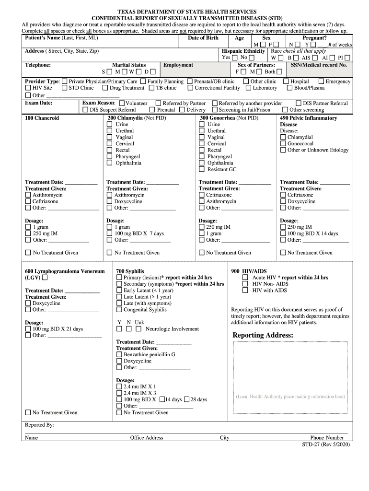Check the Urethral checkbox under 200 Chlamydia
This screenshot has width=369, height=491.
coord(109,131)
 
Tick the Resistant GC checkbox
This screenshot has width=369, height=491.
coord(202,169)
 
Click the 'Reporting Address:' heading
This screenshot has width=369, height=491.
coord(263,335)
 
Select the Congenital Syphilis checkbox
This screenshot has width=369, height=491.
coord(119,310)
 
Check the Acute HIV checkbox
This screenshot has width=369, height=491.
coord(245,278)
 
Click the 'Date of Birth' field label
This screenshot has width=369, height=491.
coord(203,38)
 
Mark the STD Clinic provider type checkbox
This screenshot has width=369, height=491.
coord(64,88)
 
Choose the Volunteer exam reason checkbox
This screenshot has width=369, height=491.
coord(122,103)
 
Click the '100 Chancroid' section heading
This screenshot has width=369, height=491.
coord(42,118)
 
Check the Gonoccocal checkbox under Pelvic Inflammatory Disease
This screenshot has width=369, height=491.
coord(283,144)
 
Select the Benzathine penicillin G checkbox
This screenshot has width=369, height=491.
coord(119,355)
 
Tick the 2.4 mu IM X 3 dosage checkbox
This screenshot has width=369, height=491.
coord(119,393)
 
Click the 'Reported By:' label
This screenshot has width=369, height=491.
coord(39,425)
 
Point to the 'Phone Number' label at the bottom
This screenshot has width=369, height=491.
coord(327,438)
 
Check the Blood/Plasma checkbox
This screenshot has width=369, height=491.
coord(289,88)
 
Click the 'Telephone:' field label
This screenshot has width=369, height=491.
coord(38,65)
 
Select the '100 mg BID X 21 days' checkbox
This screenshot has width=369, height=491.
coord(28,329)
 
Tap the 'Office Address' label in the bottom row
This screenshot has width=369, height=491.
coord(147,438)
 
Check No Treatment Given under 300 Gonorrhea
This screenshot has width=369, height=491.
coord(202,253)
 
